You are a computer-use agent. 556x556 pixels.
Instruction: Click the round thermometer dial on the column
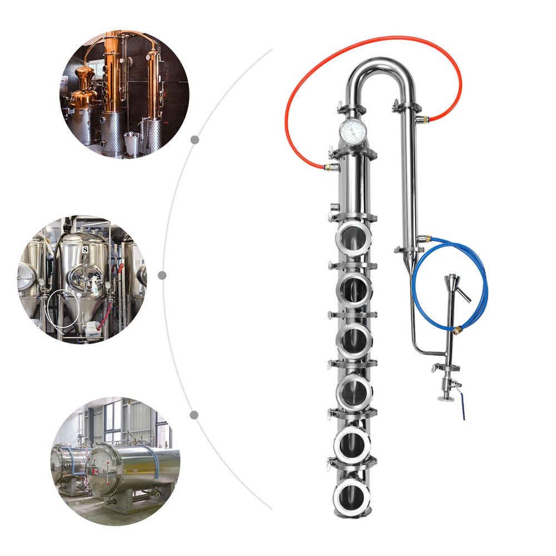(353, 131)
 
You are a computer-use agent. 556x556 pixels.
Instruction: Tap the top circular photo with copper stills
(124, 94)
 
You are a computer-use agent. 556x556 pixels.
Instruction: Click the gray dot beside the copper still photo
(195, 140)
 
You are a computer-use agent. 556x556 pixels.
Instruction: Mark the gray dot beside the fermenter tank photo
(162, 275)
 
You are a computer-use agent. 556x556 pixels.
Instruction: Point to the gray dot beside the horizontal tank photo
(194, 415)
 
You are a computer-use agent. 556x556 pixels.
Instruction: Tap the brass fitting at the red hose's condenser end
(425, 118)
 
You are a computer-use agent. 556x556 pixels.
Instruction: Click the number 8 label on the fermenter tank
(85, 250)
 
